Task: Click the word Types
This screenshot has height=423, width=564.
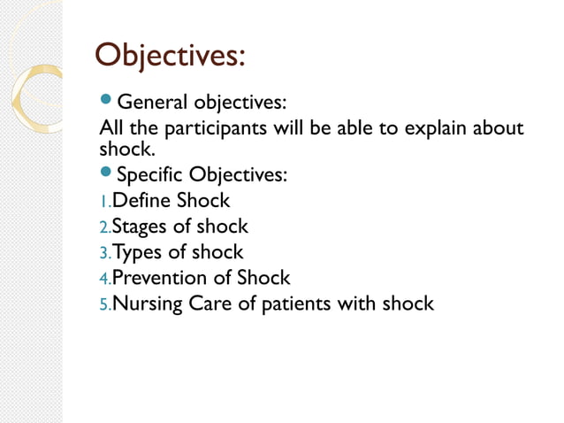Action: [x=137, y=252]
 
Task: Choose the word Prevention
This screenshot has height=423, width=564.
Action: [x=157, y=277]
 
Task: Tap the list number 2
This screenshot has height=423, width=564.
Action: [x=105, y=228]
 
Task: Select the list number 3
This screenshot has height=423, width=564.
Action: [x=105, y=254]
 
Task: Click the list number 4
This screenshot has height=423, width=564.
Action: [x=105, y=279]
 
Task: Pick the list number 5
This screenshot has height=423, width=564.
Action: [x=105, y=305]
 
